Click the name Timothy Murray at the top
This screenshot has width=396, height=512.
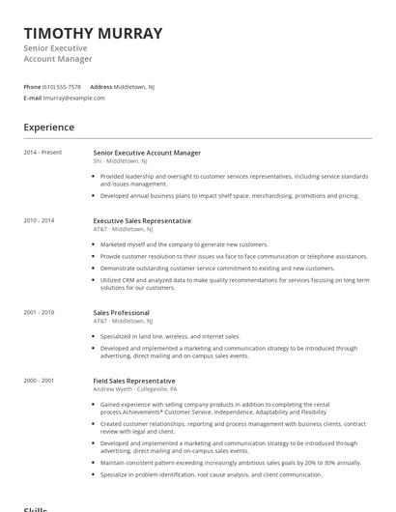click(x=93, y=33)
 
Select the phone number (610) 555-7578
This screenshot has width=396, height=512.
click(x=63, y=86)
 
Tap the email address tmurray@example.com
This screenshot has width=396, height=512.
click(x=74, y=98)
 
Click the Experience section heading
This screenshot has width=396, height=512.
click(x=49, y=128)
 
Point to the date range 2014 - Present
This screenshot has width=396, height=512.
click(x=42, y=153)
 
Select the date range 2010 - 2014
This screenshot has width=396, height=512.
click(x=40, y=220)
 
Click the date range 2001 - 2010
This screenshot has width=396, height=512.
click(x=40, y=313)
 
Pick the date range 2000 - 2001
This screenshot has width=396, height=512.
click(x=40, y=381)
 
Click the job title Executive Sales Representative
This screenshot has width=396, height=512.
click(x=142, y=220)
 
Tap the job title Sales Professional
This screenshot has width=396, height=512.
click(x=121, y=313)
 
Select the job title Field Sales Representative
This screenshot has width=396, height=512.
click(x=134, y=381)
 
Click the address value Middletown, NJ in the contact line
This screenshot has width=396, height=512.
click(x=134, y=86)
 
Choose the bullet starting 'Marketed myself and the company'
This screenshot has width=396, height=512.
click(x=171, y=244)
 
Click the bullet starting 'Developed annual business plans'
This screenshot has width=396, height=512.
click(x=229, y=195)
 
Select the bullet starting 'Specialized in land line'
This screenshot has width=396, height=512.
click(x=170, y=336)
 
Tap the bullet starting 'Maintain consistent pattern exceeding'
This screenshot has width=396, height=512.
click(x=230, y=463)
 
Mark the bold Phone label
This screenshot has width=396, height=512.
click(x=32, y=86)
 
